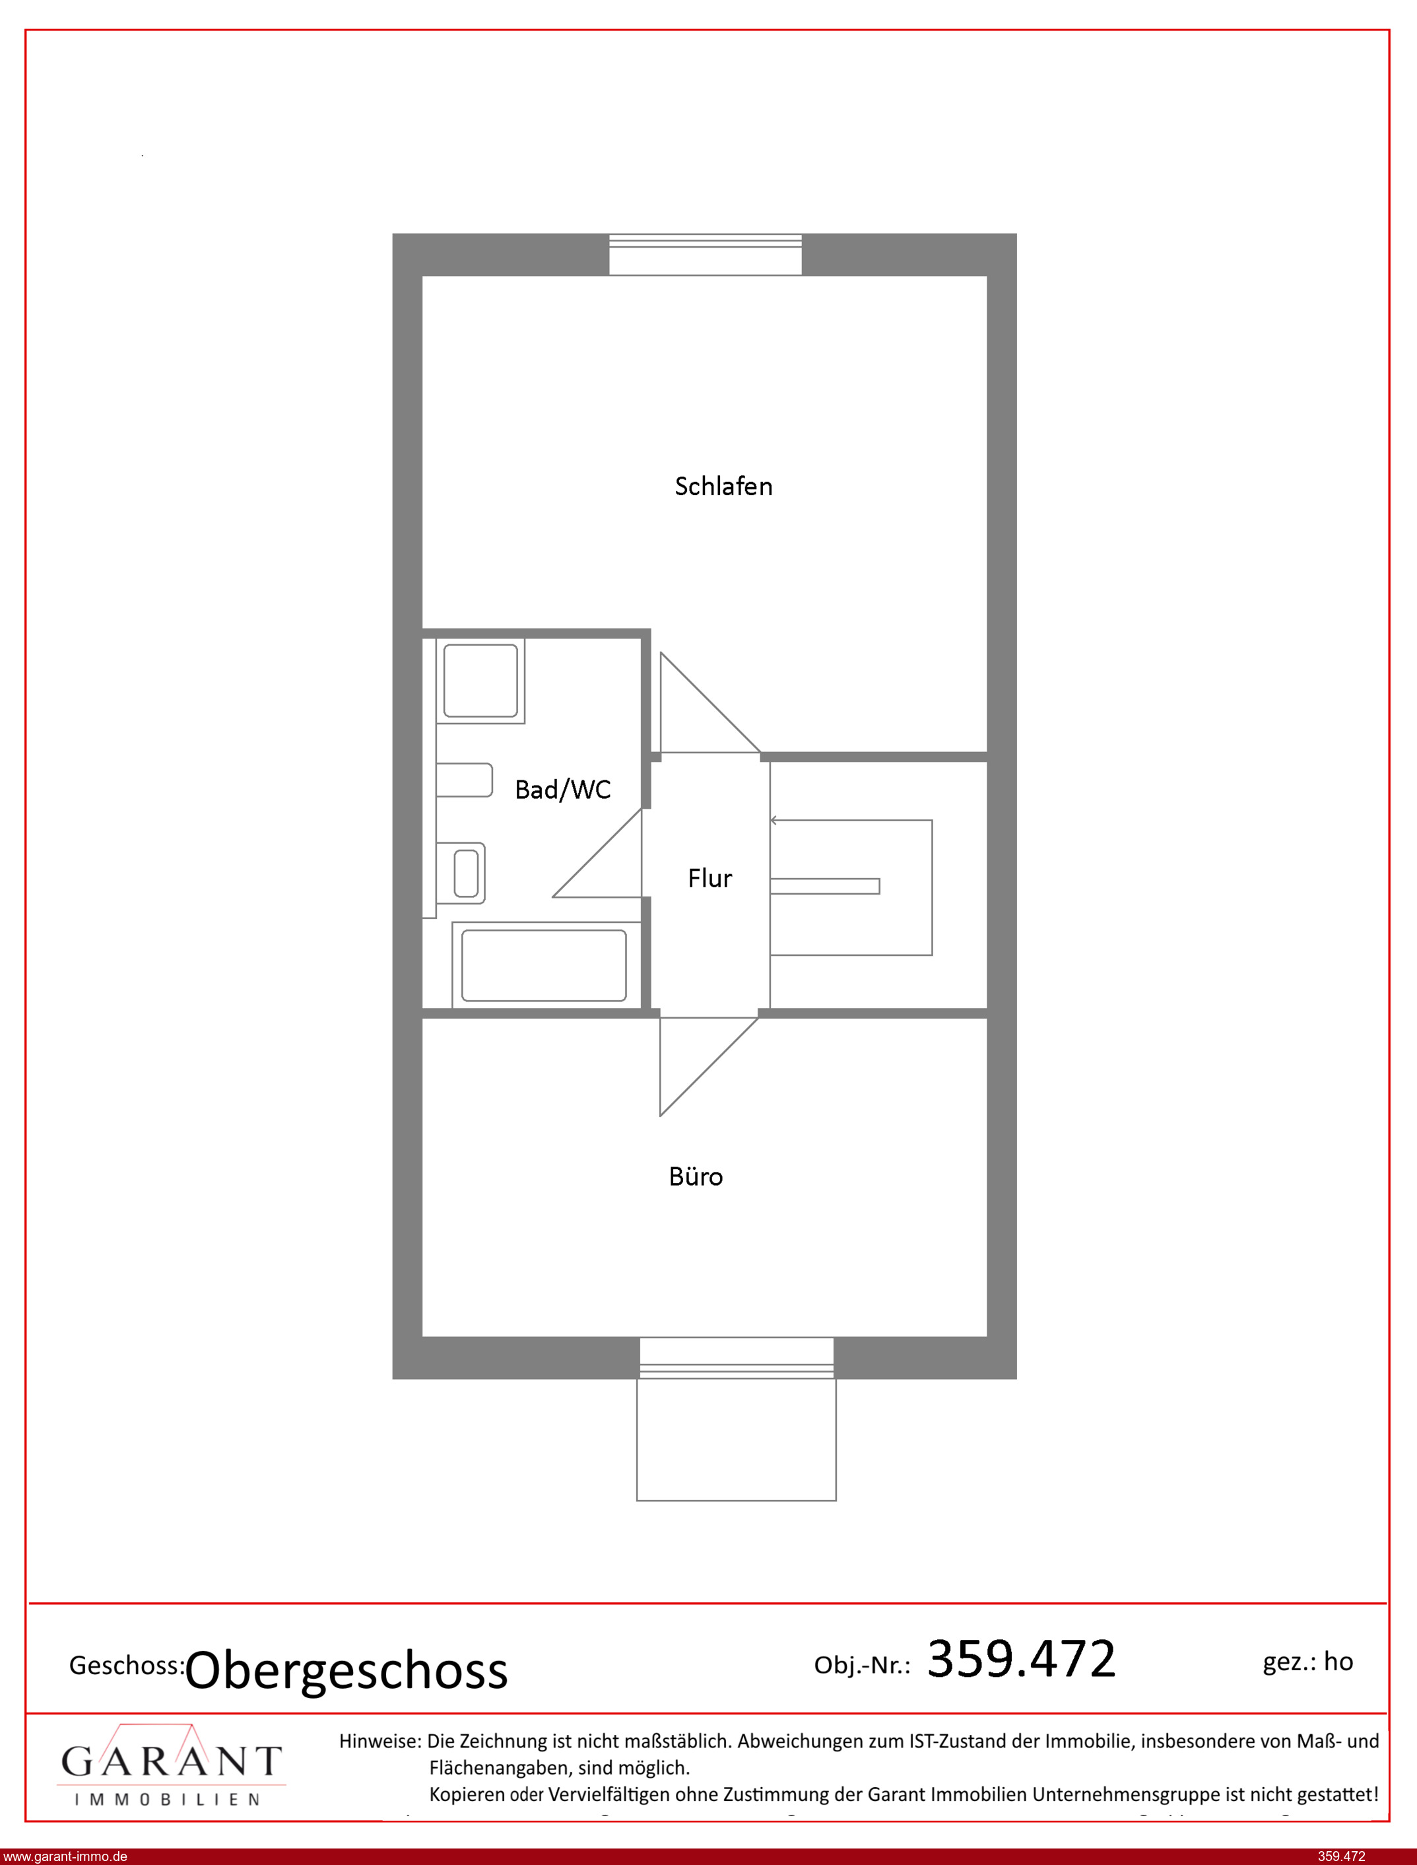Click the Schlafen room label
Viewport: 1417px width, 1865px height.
[x=723, y=487]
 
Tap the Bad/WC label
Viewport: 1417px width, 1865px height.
[x=562, y=790]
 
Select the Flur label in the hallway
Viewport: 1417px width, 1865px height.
[x=709, y=878]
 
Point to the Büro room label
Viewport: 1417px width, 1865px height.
[x=695, y=1176]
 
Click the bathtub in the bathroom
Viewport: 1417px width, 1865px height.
[x=544, y=965]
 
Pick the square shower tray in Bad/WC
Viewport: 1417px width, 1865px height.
[x=480, y=681]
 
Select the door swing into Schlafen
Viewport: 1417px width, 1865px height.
[x=709, y=702]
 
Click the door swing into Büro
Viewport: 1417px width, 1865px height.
[x=709, y=1066]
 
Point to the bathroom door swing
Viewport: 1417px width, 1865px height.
[x=597, y=853]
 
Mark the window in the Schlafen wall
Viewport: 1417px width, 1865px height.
[x=705, y=254]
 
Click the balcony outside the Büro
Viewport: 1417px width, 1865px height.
[x=737, y=1427]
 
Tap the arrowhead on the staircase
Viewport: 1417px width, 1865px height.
[x=774, y=820]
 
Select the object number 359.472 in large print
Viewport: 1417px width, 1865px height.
[x=1022, y=1658]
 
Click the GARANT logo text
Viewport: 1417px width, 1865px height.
[x=171, y=1761]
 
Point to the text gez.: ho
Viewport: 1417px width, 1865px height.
[x=1307, y=1662]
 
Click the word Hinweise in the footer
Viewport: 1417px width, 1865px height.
[x=379, y=1741]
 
